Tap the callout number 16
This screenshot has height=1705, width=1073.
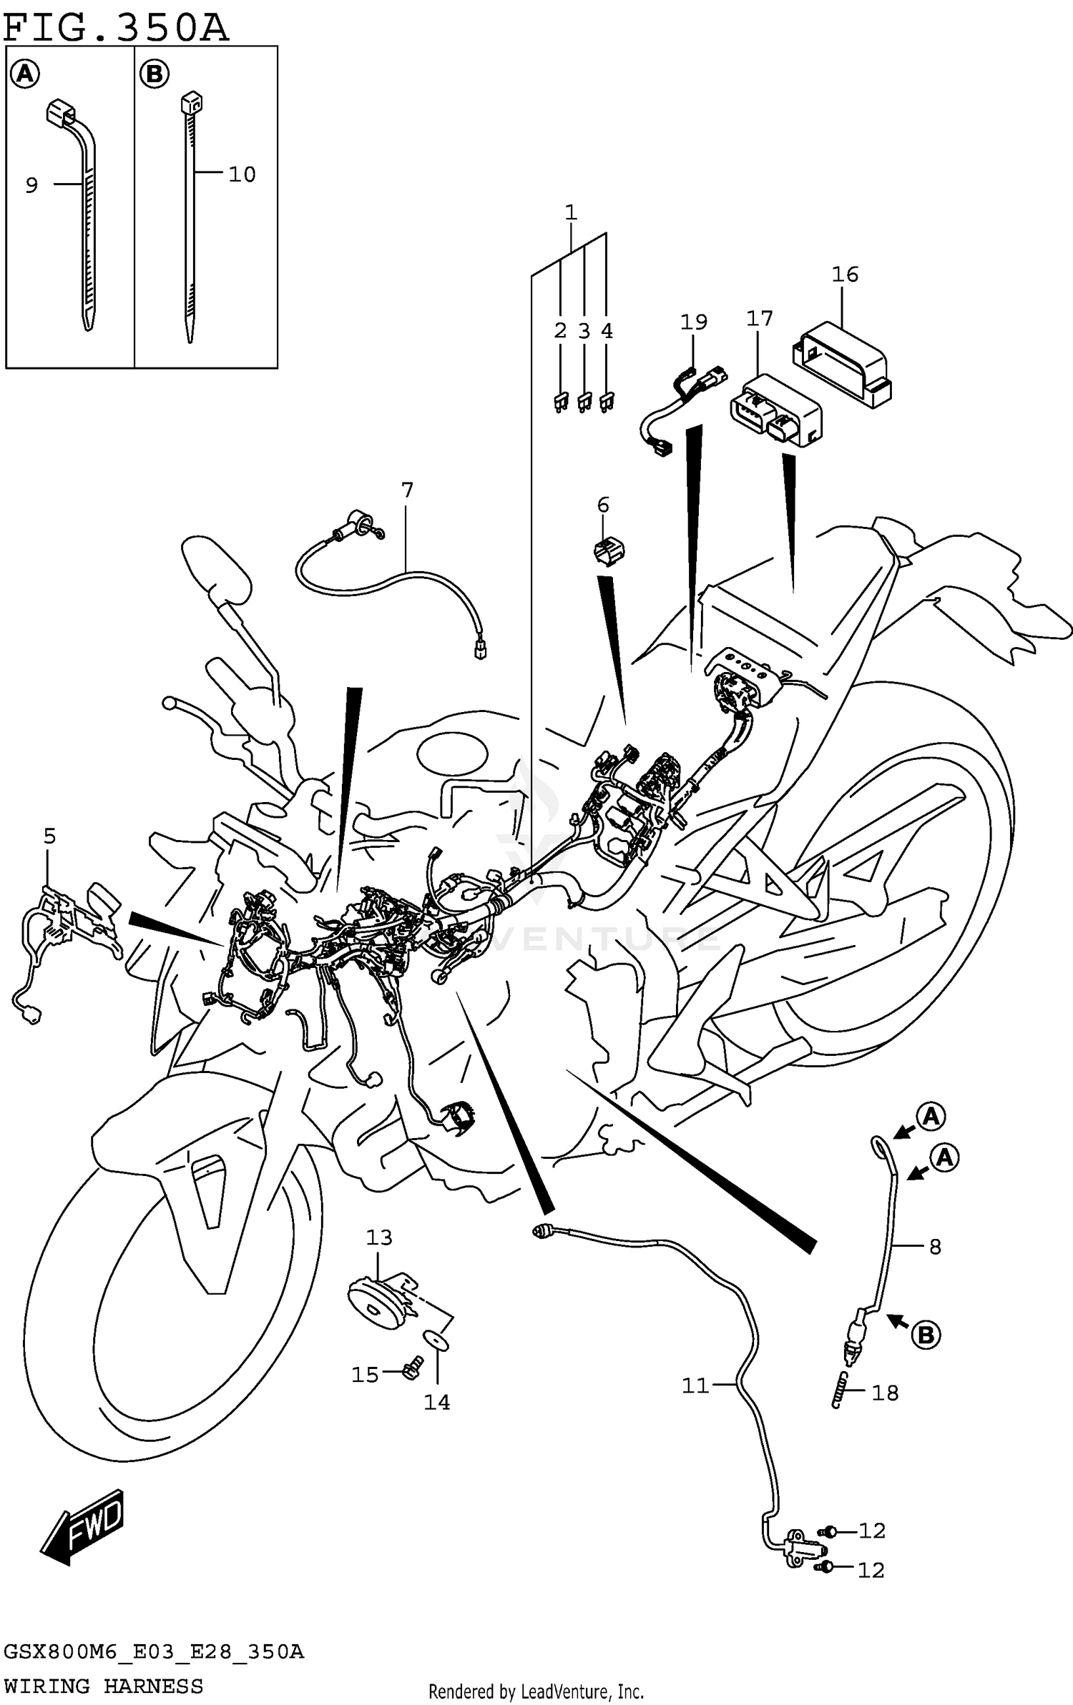(844, 275)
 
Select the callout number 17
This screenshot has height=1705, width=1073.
(759, 319)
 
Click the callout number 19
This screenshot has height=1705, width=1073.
(693, 322)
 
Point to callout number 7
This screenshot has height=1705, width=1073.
(407, 490)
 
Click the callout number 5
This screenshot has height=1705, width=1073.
(49, 836)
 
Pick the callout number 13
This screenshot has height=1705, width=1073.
(379, 1237)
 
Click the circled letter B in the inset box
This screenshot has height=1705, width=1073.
(155, 74)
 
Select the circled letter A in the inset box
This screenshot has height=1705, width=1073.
(25, 74)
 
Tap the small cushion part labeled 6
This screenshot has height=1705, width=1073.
(608, 552)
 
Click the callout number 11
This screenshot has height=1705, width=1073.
(695, 1386)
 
